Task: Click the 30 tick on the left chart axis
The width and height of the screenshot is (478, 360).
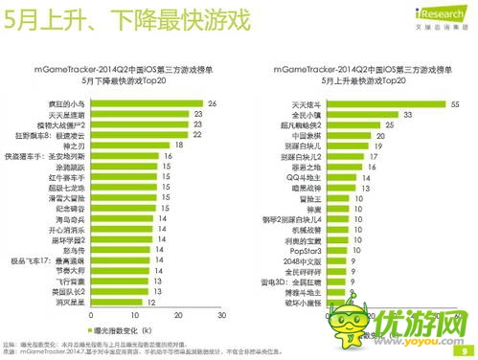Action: [220, 312]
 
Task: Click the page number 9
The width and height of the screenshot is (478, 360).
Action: [464, 349]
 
